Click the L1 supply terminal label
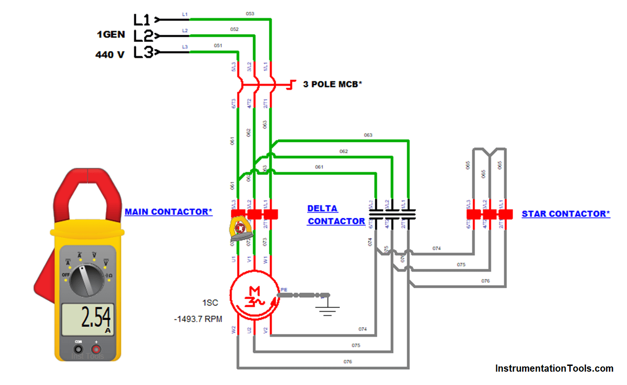(x=142, y=20)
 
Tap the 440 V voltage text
(x=110, y=55)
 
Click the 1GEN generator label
(x=111, y=35)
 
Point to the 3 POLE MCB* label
(x=332, y=84)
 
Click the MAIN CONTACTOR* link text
(x=168, y=212)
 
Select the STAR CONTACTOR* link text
(x=565, y=214)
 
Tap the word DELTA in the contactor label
(x=322, y=209)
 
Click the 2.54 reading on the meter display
(x=96, y=317)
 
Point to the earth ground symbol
(x=327, y=310)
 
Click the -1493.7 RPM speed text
(x=198, y=319)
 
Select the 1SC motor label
(x=210, y=303)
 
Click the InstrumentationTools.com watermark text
(x=554, y=368)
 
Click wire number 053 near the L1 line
(x=250, y=14)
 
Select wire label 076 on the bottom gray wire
(x=348, y=362)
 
